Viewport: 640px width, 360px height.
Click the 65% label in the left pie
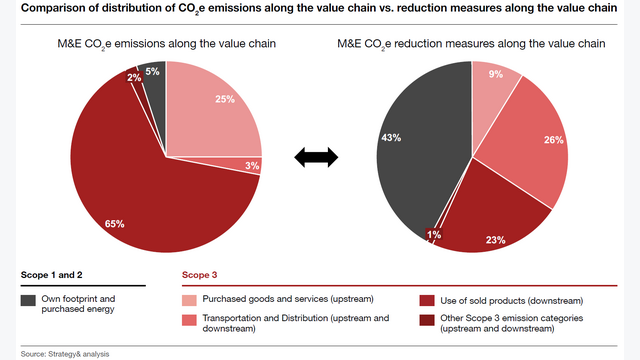(114, 224)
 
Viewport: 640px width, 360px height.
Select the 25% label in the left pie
(225, 99)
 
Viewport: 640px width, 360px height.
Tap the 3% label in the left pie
(252, 165)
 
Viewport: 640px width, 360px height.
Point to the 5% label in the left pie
(152, 71)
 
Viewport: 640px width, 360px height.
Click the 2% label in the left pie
(134, 78)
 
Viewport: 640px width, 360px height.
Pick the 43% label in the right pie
(392, 136)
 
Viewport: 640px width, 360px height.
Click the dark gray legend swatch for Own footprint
(27, 300)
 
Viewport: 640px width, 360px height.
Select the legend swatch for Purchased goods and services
(189, 300)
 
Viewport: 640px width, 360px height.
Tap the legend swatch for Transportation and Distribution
(189, 320)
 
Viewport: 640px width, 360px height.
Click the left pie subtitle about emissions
(166, 45)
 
